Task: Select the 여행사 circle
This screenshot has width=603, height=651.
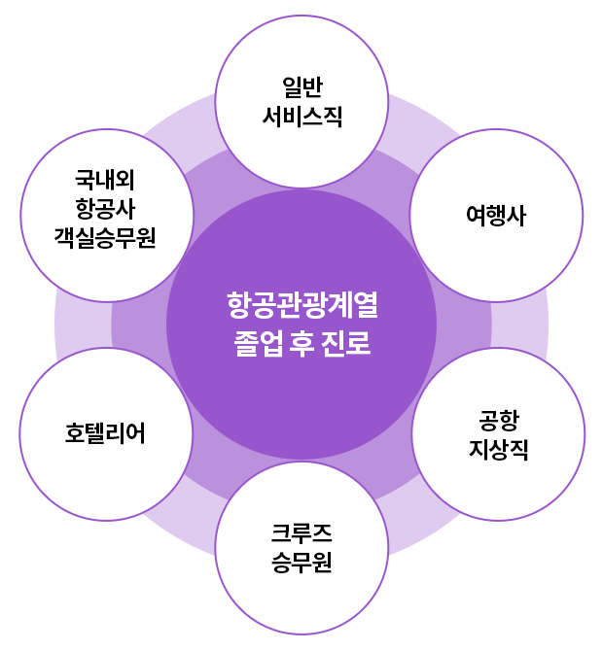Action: pyautogui.click(x=496, y=217)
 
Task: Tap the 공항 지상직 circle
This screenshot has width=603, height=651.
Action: pyautogui.click(x=499, y=434)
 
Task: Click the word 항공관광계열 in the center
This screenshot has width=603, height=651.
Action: pyautogui.click(x=301, y=307)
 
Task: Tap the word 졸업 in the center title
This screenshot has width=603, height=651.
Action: pyautogui.click(x=254, y=344)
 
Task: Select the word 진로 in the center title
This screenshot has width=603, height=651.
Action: pyautogui.click(x=349, y=344)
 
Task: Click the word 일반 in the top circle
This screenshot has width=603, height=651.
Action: pyautogui.click(x=302, y=86)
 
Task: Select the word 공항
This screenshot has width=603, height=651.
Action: pyautogui.click(x=499, y=420)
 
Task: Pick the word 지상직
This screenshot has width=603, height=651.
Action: pyautogui.click(x=499, y=450)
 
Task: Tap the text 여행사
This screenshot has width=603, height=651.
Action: pyautogui.click(x=496, y=217)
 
